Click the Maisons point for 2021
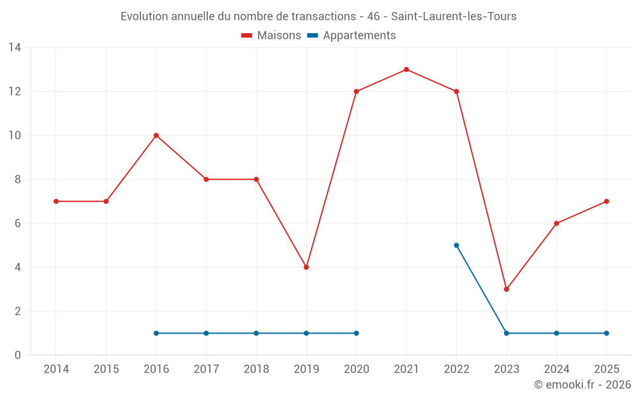(x=406, y=69)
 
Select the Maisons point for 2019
(x=306, y=267)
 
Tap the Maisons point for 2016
(x=156, y=136)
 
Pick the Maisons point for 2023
(x=507, y=289)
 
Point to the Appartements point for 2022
(x=456, y=245)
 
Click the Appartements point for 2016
(x=156, y=333)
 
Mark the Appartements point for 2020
(x=356, y=333)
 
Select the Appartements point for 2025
(x=606, y=333)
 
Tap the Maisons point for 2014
(x=56, y=201)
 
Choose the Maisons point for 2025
(x=606, y=201)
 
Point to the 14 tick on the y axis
(x=15, y=48)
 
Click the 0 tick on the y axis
(x=18, y=355)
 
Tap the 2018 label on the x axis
(x=256, y=369)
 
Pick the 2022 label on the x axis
(x=456, y=369)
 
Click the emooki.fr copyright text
(x=582, y=385)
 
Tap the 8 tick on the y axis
(x=18, y=180)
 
